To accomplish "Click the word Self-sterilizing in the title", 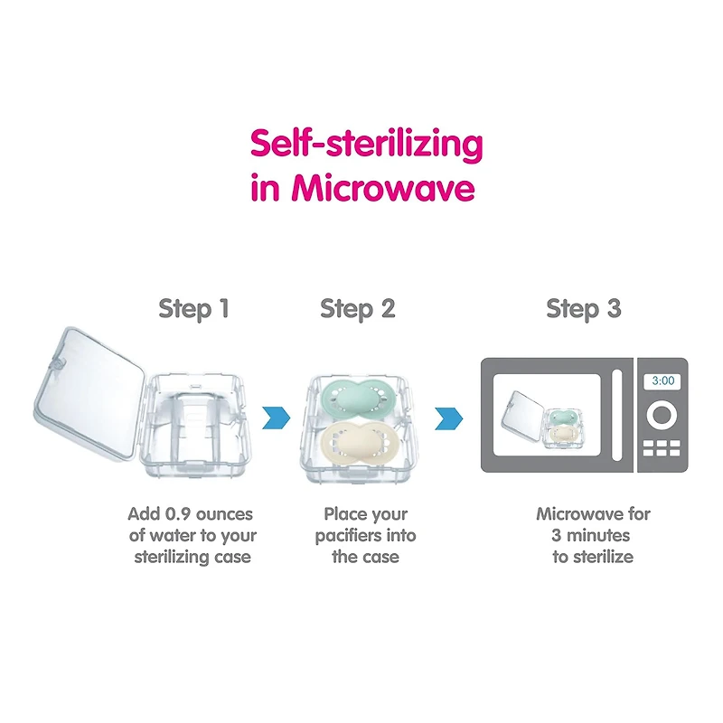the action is pos(367,145).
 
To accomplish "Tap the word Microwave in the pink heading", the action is pos(383,188).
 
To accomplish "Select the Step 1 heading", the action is pos(193,309).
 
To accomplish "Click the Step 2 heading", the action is pos(358,309).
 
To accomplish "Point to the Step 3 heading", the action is pos(584,309).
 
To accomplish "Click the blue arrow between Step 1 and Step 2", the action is pos(277,418).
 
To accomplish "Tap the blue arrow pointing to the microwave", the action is pos(448,418).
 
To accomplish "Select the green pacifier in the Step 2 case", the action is pos(356,399).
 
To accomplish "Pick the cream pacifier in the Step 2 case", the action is pos(356,443).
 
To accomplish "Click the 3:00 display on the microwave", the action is pos(662,380).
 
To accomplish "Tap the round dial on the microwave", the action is pos(662,416).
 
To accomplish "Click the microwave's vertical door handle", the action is pos(616,415).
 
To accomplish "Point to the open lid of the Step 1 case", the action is pos(89,394).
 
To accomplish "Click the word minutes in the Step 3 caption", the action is pos(598,535).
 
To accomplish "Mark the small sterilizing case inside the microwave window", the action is pos(541,419).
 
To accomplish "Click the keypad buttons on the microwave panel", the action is pos(662,447).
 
